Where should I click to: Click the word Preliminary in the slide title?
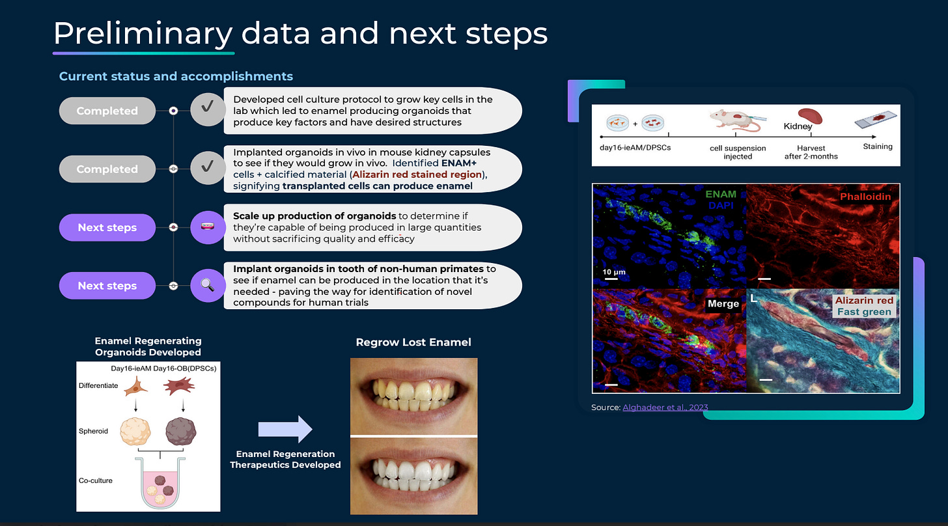coord(143,33)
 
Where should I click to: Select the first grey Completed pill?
coord(107,111)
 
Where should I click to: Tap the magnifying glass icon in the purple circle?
coord(208,285)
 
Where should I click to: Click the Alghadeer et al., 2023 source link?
coord(665,408)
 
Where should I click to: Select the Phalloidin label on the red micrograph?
coord(865,196)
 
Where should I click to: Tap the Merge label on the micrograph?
coord(723,303)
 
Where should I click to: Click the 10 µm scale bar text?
coord(614,271)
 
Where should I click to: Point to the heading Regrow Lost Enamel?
coord(413,342)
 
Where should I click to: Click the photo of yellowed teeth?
coord(413,396)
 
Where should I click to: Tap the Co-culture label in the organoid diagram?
coord(96,480)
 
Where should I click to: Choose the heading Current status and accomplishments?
coord(176,76)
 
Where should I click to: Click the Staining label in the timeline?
coord(878,146)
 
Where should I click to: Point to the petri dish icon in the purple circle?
coord(208,227)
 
